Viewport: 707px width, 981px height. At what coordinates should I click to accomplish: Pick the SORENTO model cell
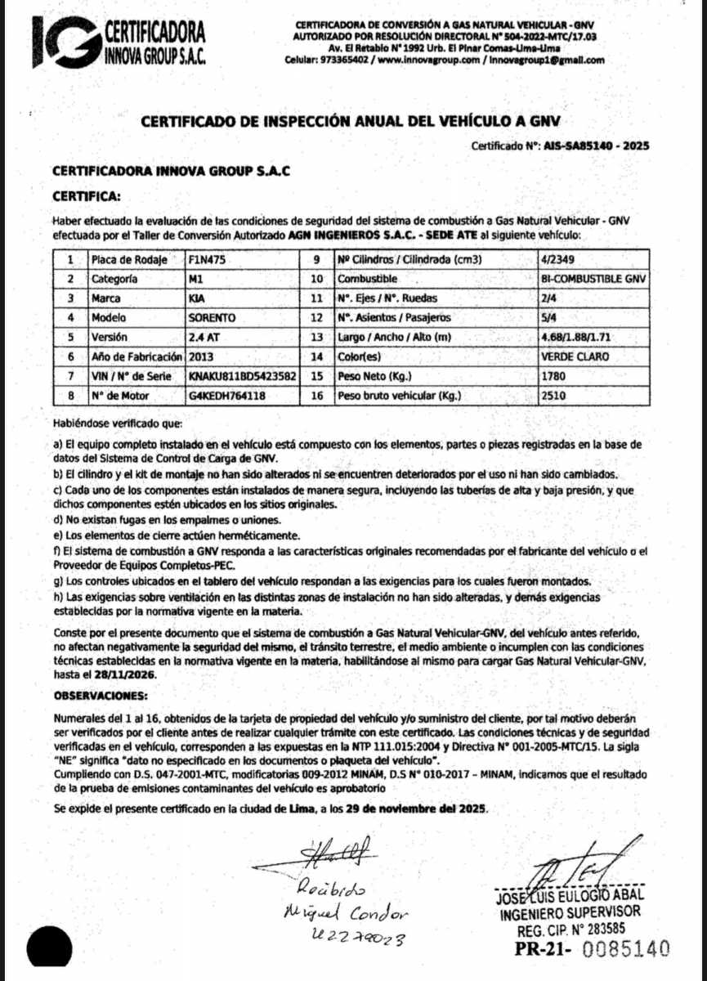tap(211, 318)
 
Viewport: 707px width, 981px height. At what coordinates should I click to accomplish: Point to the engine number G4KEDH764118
tap(226, 396)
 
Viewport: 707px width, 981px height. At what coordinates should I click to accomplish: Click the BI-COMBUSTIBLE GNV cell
tap(593, 279)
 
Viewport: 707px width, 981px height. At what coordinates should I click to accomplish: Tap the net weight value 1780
tap(553, 377)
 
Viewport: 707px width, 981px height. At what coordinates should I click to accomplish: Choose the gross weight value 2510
tap(553, 396)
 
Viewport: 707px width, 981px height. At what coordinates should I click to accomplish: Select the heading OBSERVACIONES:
tap(101, 696)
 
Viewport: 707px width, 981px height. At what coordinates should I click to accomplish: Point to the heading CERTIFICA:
tap(86, 196)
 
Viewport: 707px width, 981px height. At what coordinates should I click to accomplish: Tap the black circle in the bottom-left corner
tap(50, 951)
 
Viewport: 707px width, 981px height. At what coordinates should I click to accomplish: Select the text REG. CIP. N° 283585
tap(571, 929)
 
